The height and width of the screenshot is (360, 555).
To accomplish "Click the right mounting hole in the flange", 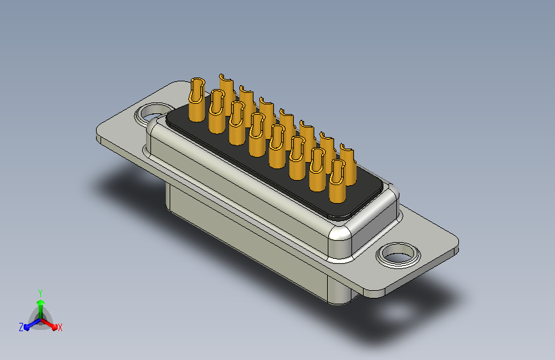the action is [x=398, y=255].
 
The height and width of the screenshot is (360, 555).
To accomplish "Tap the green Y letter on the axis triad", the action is [x=40, y=293].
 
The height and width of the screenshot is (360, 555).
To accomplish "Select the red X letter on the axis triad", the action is [x=60, y=327].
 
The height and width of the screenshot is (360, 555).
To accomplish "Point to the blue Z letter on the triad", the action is [x=21, y=327].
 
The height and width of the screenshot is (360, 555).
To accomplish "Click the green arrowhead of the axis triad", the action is [x=41, y=303].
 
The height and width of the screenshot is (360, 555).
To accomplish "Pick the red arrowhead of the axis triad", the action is [x=54, y=327].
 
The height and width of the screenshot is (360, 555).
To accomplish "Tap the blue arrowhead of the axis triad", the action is [x=27, y=327].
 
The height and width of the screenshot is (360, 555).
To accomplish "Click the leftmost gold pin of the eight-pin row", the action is [x=197, y=100].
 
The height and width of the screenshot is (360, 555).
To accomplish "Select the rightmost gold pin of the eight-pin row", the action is [x=337, y=181].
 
